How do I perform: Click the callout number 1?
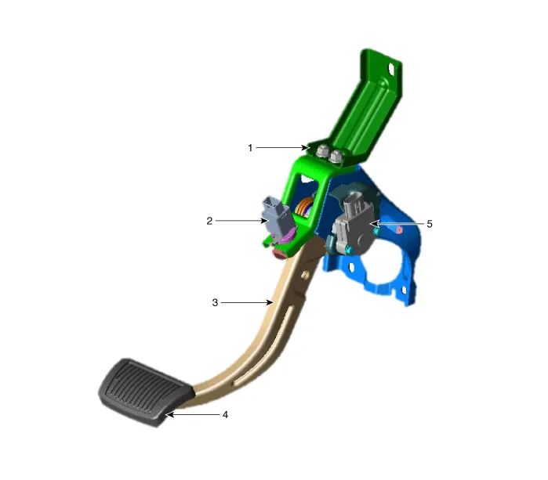(x=250, y=148)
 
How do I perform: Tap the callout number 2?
(x=209, y=221)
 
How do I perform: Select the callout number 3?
(x=215, y=303)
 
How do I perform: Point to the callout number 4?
(x=225, y=415)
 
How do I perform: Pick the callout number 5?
(x=430, y=224)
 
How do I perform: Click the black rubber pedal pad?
(x=144, y=392)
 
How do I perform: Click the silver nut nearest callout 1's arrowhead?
(x=321, y=151)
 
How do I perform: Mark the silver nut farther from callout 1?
(x=336, y=157)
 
